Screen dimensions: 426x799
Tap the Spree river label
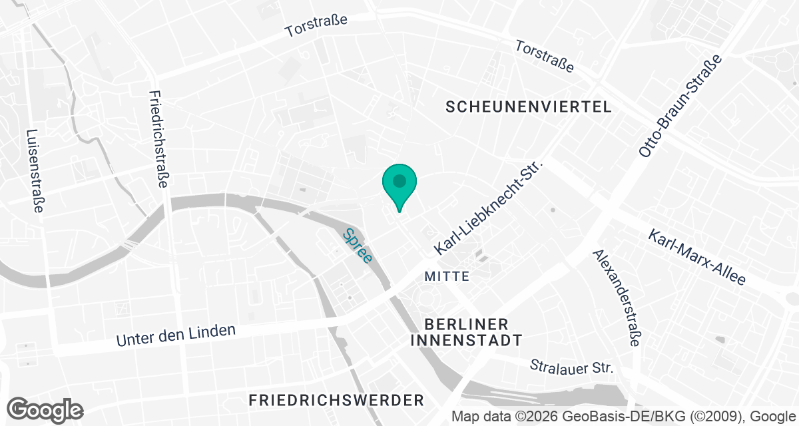coord(357,246)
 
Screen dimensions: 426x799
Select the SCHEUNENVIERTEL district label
coord(529,106)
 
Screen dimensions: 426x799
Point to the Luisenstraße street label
coord(34,170)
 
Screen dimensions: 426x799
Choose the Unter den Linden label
coord(176,335)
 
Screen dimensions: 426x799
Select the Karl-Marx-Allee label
coord(697,258)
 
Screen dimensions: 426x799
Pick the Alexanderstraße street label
coord(617,298)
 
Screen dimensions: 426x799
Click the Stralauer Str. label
coord(571,367)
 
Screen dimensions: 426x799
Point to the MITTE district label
coord(447,276)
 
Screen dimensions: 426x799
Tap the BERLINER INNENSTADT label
coord(466,332)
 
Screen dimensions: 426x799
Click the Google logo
coord(45,409)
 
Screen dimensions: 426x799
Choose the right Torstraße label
coord(545,56)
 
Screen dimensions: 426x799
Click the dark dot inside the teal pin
coord(399,180)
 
